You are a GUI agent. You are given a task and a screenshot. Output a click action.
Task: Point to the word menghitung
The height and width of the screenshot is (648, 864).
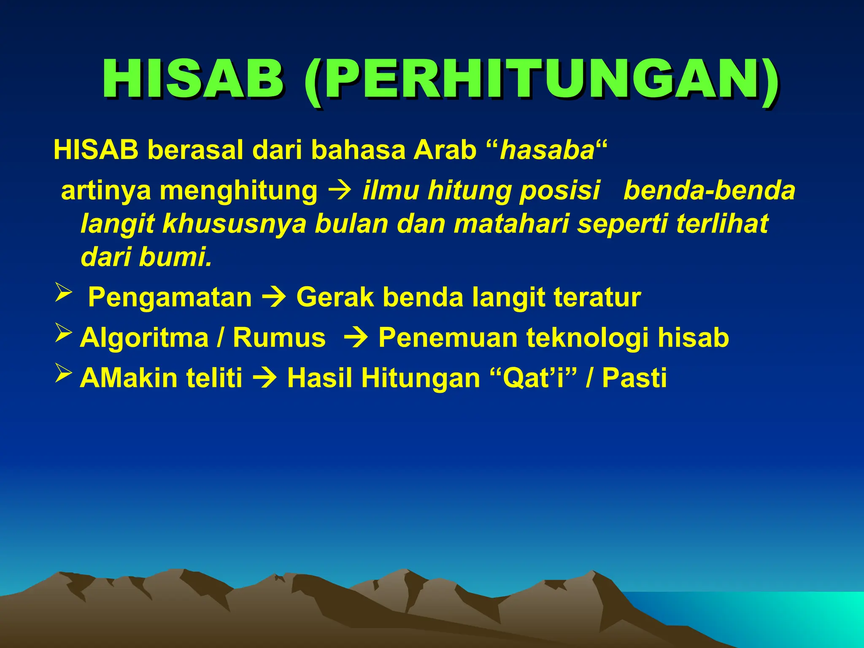[238, 191]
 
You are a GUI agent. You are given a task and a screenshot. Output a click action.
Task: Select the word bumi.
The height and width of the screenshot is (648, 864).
[175, 257]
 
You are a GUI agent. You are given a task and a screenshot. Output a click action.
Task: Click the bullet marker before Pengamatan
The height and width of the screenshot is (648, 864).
[64, 293]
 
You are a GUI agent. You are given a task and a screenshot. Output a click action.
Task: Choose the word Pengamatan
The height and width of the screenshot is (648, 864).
[170, 298]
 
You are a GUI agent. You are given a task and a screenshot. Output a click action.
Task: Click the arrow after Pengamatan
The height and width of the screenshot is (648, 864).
[274, 298]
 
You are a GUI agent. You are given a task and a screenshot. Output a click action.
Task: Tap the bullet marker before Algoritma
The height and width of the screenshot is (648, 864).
[64, 333]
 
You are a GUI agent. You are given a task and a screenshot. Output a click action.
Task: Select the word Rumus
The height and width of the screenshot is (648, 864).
[279, 337]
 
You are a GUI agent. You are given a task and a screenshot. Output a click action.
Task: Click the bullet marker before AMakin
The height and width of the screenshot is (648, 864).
[64, 373]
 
